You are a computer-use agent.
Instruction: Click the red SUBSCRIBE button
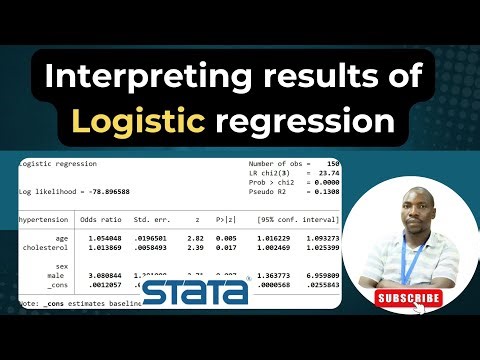(408, 297)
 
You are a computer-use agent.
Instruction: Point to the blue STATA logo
(196, 293)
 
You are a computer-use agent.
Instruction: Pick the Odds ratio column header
(100, 218)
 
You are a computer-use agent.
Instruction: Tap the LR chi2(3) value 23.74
(326, 172)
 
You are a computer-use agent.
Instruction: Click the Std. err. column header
(152, 218)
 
